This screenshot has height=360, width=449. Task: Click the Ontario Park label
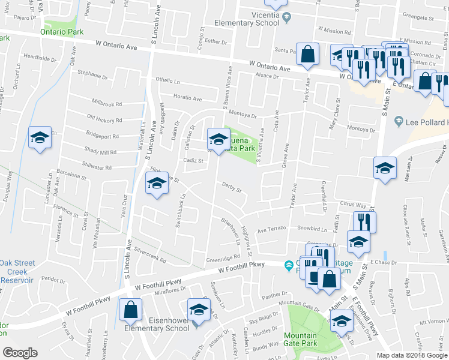click(x=62, y=31)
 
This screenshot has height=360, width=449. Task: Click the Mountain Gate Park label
click(x=300, y=340)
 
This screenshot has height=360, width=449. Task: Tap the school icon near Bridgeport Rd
click(x=40, y=137)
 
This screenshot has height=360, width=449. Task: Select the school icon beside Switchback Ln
click(x=157, y=182)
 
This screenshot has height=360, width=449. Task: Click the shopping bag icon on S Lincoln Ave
click(x=130, y=310)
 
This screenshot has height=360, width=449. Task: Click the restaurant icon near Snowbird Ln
click(x=364, y=221)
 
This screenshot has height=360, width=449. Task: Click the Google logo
click(x=20, y=352)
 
